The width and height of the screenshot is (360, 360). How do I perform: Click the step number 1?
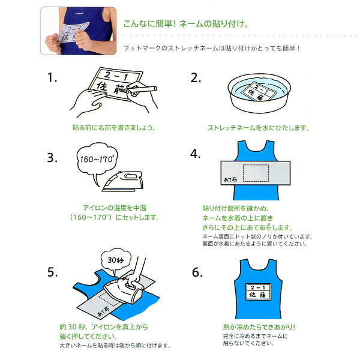tap(52, 77)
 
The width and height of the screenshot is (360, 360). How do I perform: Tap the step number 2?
tap(196, 78)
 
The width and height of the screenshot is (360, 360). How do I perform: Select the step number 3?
tap(52, 158)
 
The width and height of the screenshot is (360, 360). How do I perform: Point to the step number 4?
tap(195, 154)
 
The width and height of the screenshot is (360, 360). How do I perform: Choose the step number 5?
tap(53, 272)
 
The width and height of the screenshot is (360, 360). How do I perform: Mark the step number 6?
tap(197, 272)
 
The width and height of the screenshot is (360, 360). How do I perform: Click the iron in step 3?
tap(122, 181)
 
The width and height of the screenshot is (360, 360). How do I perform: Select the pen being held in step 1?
tap(142, 89)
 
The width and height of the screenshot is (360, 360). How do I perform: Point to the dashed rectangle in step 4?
tap(256, 173)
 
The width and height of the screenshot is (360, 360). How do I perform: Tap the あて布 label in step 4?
tap(230, 179)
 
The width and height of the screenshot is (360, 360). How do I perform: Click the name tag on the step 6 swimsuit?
tap(258, 292)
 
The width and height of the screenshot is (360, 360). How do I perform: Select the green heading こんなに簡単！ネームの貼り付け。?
tap(186, 23)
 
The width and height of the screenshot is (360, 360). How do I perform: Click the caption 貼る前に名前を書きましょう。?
tap(114, 127)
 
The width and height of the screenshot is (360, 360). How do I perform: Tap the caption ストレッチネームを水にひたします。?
tap(259, 128)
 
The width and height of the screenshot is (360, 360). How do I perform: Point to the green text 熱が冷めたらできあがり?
tap(259, 327)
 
